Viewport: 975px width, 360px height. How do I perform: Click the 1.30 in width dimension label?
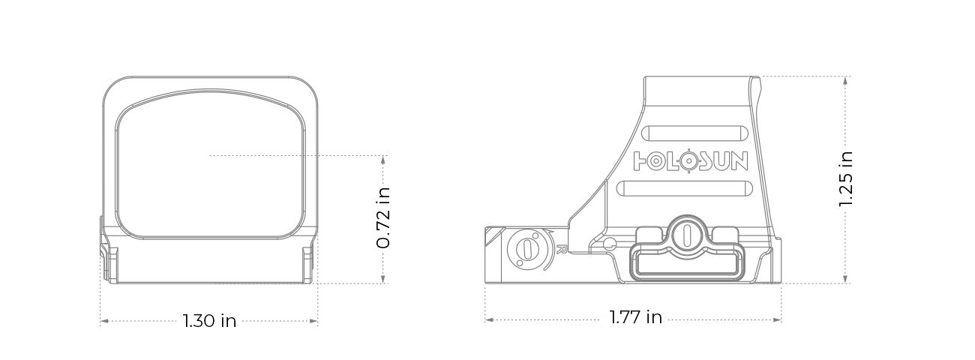tap(209, 321)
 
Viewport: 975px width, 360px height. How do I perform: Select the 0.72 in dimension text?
tap(383, 218)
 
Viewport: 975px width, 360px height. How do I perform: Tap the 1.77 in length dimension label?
tap(635, 317)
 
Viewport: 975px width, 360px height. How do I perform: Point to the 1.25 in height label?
tap(846, 179)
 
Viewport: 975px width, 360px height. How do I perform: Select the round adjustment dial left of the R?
tap(525, 250)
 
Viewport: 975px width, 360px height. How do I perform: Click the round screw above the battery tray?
tap(685, 234)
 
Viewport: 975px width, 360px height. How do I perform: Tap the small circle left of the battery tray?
tap(608, 242)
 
